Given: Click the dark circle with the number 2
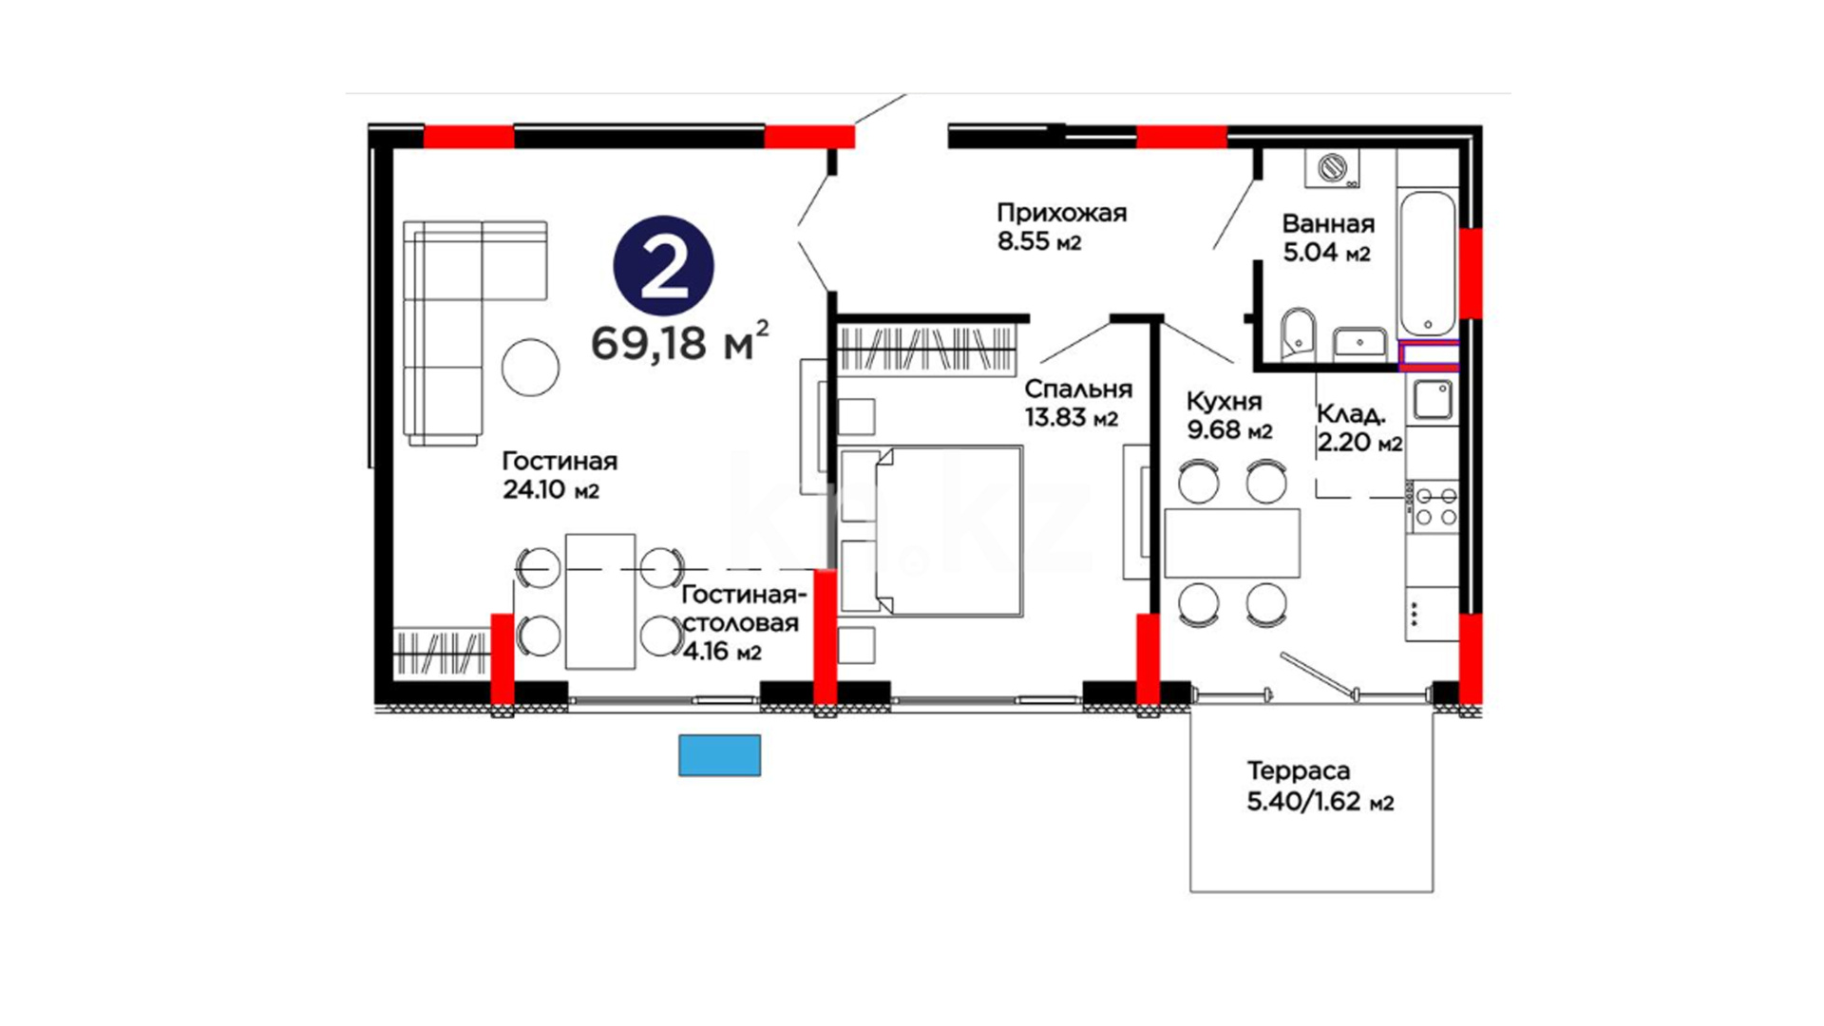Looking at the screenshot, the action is (x=663, y=266).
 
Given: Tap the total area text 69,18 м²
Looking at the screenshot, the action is (x=680, y=341).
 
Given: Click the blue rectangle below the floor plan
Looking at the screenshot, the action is (x=719, y=755).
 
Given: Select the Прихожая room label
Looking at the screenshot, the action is (x=1061, y=213).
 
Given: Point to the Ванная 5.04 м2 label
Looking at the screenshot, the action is (x=1328, y=237).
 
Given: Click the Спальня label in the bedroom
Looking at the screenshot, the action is (x=1078, y=389).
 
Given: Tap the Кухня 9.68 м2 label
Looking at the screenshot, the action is (x=1229, y=416).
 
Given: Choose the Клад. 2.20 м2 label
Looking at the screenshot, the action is (x=1359, y=428).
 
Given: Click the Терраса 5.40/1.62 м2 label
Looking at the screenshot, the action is (x=1320, y=787).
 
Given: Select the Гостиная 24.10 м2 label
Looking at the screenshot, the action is (x=560, y=475).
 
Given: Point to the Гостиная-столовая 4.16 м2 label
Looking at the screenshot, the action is (x=744, y=623).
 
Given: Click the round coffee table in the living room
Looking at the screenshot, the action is (x=530, y=368).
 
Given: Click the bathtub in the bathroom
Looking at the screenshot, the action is (x=1427, y=263).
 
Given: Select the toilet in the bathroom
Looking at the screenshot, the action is (x=1298, y=333).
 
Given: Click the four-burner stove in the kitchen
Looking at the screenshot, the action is (x=1433, y=506).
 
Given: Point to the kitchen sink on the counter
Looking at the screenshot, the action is (x=1432, y=400).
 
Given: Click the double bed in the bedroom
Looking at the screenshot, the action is (x=930, y=531).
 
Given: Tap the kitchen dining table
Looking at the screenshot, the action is (x=1232, y=543).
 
